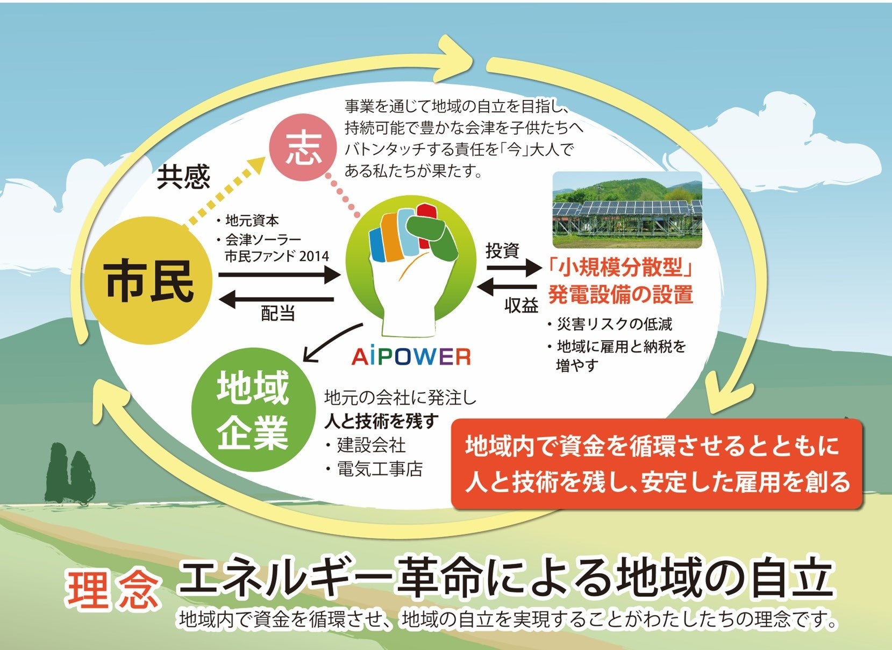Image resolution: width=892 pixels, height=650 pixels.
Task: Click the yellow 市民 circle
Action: pos(149,280)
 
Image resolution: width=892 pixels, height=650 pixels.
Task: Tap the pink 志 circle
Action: pos(304,148)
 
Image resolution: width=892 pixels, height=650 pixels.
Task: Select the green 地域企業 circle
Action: pos(253,410)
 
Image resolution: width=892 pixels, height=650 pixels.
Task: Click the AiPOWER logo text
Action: pos(411,357)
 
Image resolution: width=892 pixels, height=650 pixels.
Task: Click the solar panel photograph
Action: pos(627,210)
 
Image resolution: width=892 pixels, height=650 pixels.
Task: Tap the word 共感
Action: pos(183,176)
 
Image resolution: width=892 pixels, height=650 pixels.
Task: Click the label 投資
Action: pos(502,250)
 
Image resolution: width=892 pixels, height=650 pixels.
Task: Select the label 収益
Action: pos(521,305)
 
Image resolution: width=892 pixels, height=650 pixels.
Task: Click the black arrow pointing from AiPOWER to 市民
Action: pos(277,299)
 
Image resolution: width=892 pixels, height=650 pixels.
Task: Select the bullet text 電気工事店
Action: pos(380,469)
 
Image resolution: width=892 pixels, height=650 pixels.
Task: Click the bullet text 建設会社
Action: pos(371,445)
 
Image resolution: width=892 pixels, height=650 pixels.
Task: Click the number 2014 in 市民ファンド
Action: pos(314,256)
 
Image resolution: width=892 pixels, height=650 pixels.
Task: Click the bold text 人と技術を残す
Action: pos(381,422)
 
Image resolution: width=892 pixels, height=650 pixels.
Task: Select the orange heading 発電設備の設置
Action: pos(620,294)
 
